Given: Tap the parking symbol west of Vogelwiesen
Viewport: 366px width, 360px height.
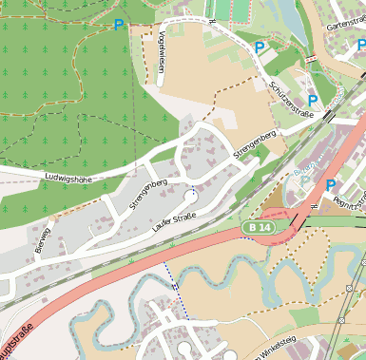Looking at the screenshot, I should tap(119, 25).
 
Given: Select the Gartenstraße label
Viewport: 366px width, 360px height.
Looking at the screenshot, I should tap(345, 23).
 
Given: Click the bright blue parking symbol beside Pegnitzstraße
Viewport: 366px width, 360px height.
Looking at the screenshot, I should tap(331, 186).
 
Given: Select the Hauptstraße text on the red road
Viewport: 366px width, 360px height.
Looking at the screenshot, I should tap(17, 343).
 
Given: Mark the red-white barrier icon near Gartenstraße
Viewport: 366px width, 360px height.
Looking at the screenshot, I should tap(314, 59).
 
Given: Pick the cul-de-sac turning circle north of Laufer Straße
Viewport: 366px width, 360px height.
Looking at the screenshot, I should tap(193, 197).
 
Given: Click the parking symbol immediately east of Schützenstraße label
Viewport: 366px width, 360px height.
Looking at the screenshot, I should tap(312, 101).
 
